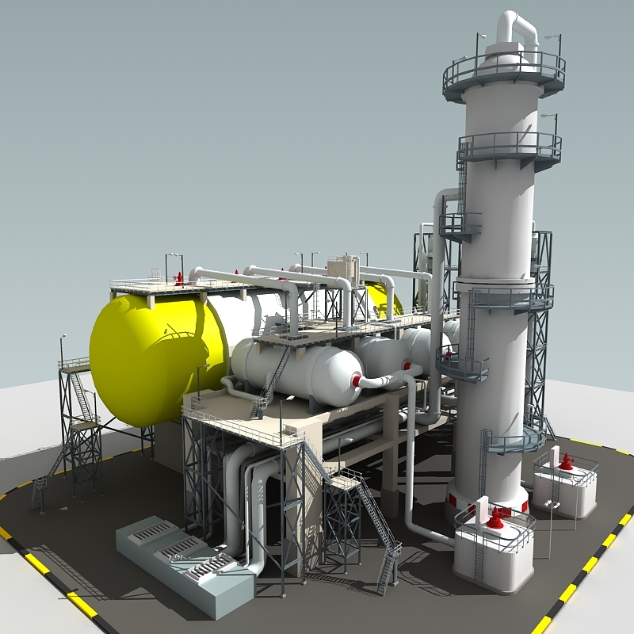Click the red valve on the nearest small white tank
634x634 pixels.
[x=495, y=519]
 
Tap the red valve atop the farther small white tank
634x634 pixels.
[x=566, y=462]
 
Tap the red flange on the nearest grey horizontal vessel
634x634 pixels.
[x=356, y=381]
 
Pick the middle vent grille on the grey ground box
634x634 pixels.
[x=181, y=552]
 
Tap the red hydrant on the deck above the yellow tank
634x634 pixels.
[x=179, y=277]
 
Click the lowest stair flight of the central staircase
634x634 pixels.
[x=388, y=567]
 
